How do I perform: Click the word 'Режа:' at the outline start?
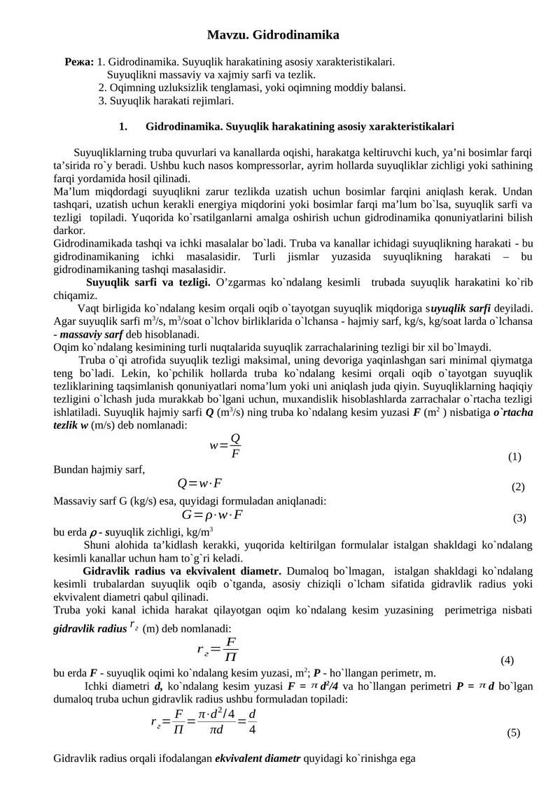coord(79,62)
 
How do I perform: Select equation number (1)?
coord(514,457)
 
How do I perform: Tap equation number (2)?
coord(518,487)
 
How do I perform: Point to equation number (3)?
coord(519,518)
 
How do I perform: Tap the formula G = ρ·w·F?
coord(213,515)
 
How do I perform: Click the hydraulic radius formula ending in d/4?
coord(204,721)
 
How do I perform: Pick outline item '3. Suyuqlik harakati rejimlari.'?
coord(166,101)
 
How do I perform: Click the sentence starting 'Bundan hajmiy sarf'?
coord(99,469)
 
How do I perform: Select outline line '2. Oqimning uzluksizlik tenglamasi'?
coord(252,88)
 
